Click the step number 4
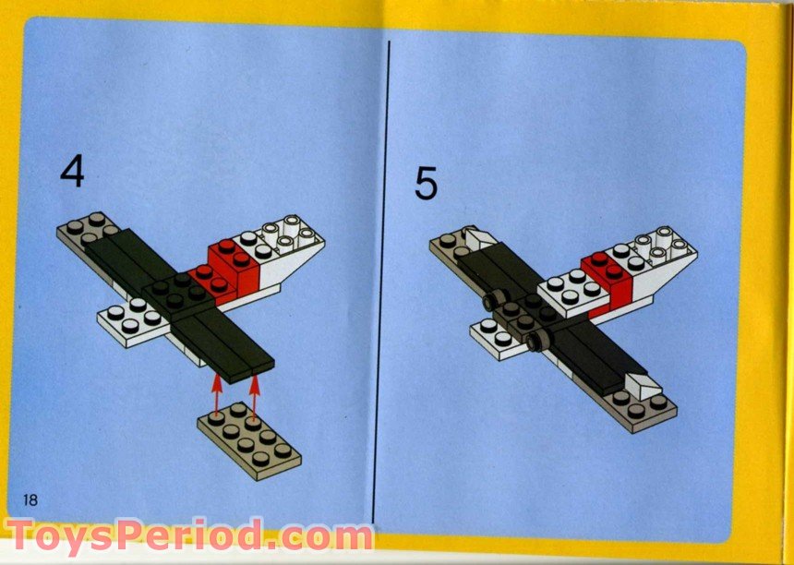72,173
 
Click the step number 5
426,183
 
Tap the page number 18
30,499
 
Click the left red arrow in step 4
219,393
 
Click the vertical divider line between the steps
389,277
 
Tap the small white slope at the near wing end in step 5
643,384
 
